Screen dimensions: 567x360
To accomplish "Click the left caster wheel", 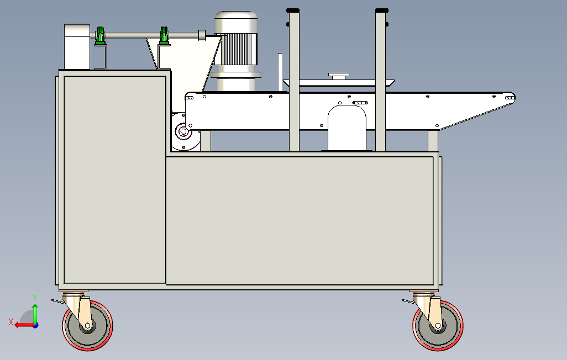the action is [87, 326].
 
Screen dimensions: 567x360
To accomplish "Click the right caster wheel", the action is [438, 326].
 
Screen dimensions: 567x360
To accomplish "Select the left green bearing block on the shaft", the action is [100, 36].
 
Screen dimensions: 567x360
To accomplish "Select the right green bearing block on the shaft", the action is [164, 36].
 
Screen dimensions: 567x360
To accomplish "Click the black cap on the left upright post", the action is [293, 10].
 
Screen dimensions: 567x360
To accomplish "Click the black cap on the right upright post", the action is [381, 10].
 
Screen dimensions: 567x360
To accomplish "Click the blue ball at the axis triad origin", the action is [35, 325].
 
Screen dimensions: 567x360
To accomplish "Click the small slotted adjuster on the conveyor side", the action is [360, 103].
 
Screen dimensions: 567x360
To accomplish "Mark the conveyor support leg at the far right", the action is [433, 141].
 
